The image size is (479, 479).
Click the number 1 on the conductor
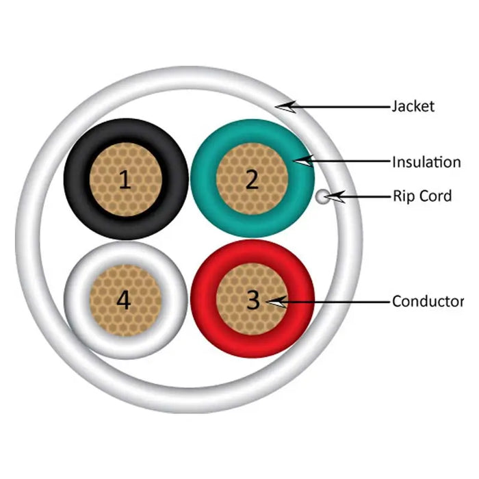point(124,180)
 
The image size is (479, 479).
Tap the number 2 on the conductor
point(252,179)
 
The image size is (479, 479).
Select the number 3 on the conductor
point(253,300)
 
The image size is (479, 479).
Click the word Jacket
point(413,106)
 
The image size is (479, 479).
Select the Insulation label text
point(426,162)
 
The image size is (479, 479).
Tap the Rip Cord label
point(422,196)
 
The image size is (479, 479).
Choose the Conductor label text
point(427,301)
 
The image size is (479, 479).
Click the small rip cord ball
point(322,197)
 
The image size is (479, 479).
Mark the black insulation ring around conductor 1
point(75,179)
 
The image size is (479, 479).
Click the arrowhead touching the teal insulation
point(304,161)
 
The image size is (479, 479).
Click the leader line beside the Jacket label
point(342,106)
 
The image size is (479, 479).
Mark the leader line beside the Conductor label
point(335,301)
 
